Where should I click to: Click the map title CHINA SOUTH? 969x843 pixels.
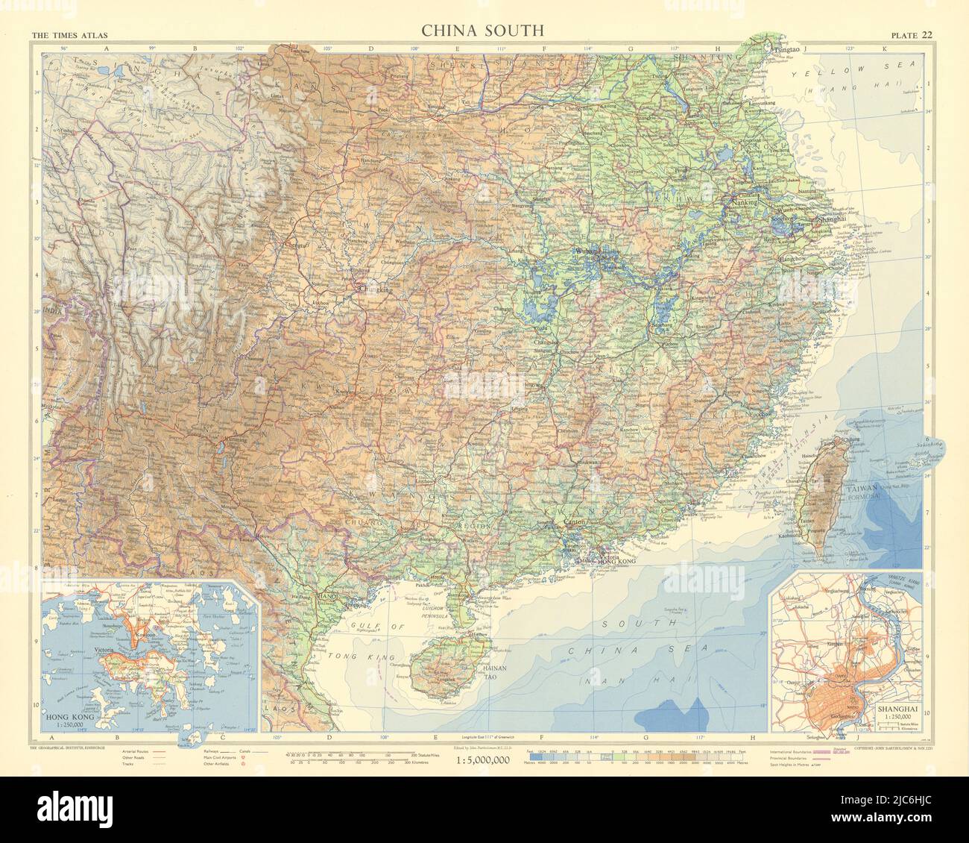click(x=482, y=31)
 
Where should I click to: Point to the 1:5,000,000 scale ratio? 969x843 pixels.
click(x=482, y=760)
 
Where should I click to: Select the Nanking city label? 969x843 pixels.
click(x=745, y=202)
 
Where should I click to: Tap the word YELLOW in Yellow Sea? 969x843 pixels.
click(x=816, y=75)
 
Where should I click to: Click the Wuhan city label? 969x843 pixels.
click(x=589, y=252)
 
